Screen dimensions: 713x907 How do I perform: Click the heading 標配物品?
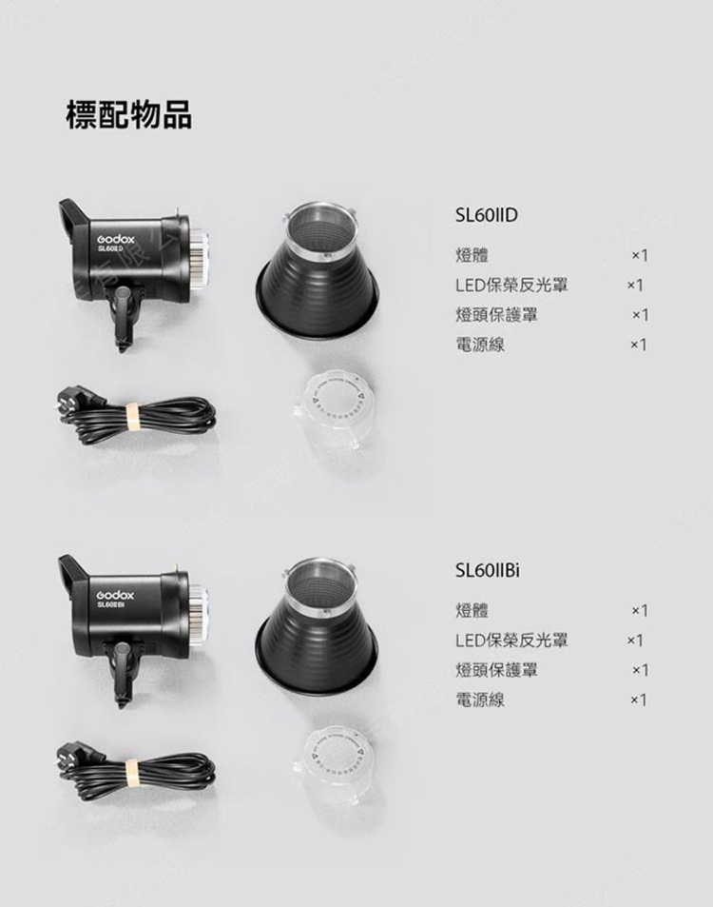129,114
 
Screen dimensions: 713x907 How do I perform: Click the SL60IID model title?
487,215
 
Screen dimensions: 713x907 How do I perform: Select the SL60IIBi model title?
488,570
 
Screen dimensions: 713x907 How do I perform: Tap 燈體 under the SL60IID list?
472,254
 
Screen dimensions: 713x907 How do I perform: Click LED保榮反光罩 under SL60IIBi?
511,640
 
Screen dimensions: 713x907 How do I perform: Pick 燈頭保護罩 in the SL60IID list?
497,315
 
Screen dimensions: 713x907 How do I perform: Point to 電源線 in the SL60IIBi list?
480,700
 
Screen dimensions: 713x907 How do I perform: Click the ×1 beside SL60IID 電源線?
639,345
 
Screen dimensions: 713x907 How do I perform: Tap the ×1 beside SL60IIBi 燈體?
639,610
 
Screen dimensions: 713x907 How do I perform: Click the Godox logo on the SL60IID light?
116,239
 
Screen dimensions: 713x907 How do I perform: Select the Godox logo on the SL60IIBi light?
116,595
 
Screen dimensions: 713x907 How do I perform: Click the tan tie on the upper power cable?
133,418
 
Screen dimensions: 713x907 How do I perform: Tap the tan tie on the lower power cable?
133,774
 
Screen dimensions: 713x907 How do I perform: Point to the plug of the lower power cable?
80,756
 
